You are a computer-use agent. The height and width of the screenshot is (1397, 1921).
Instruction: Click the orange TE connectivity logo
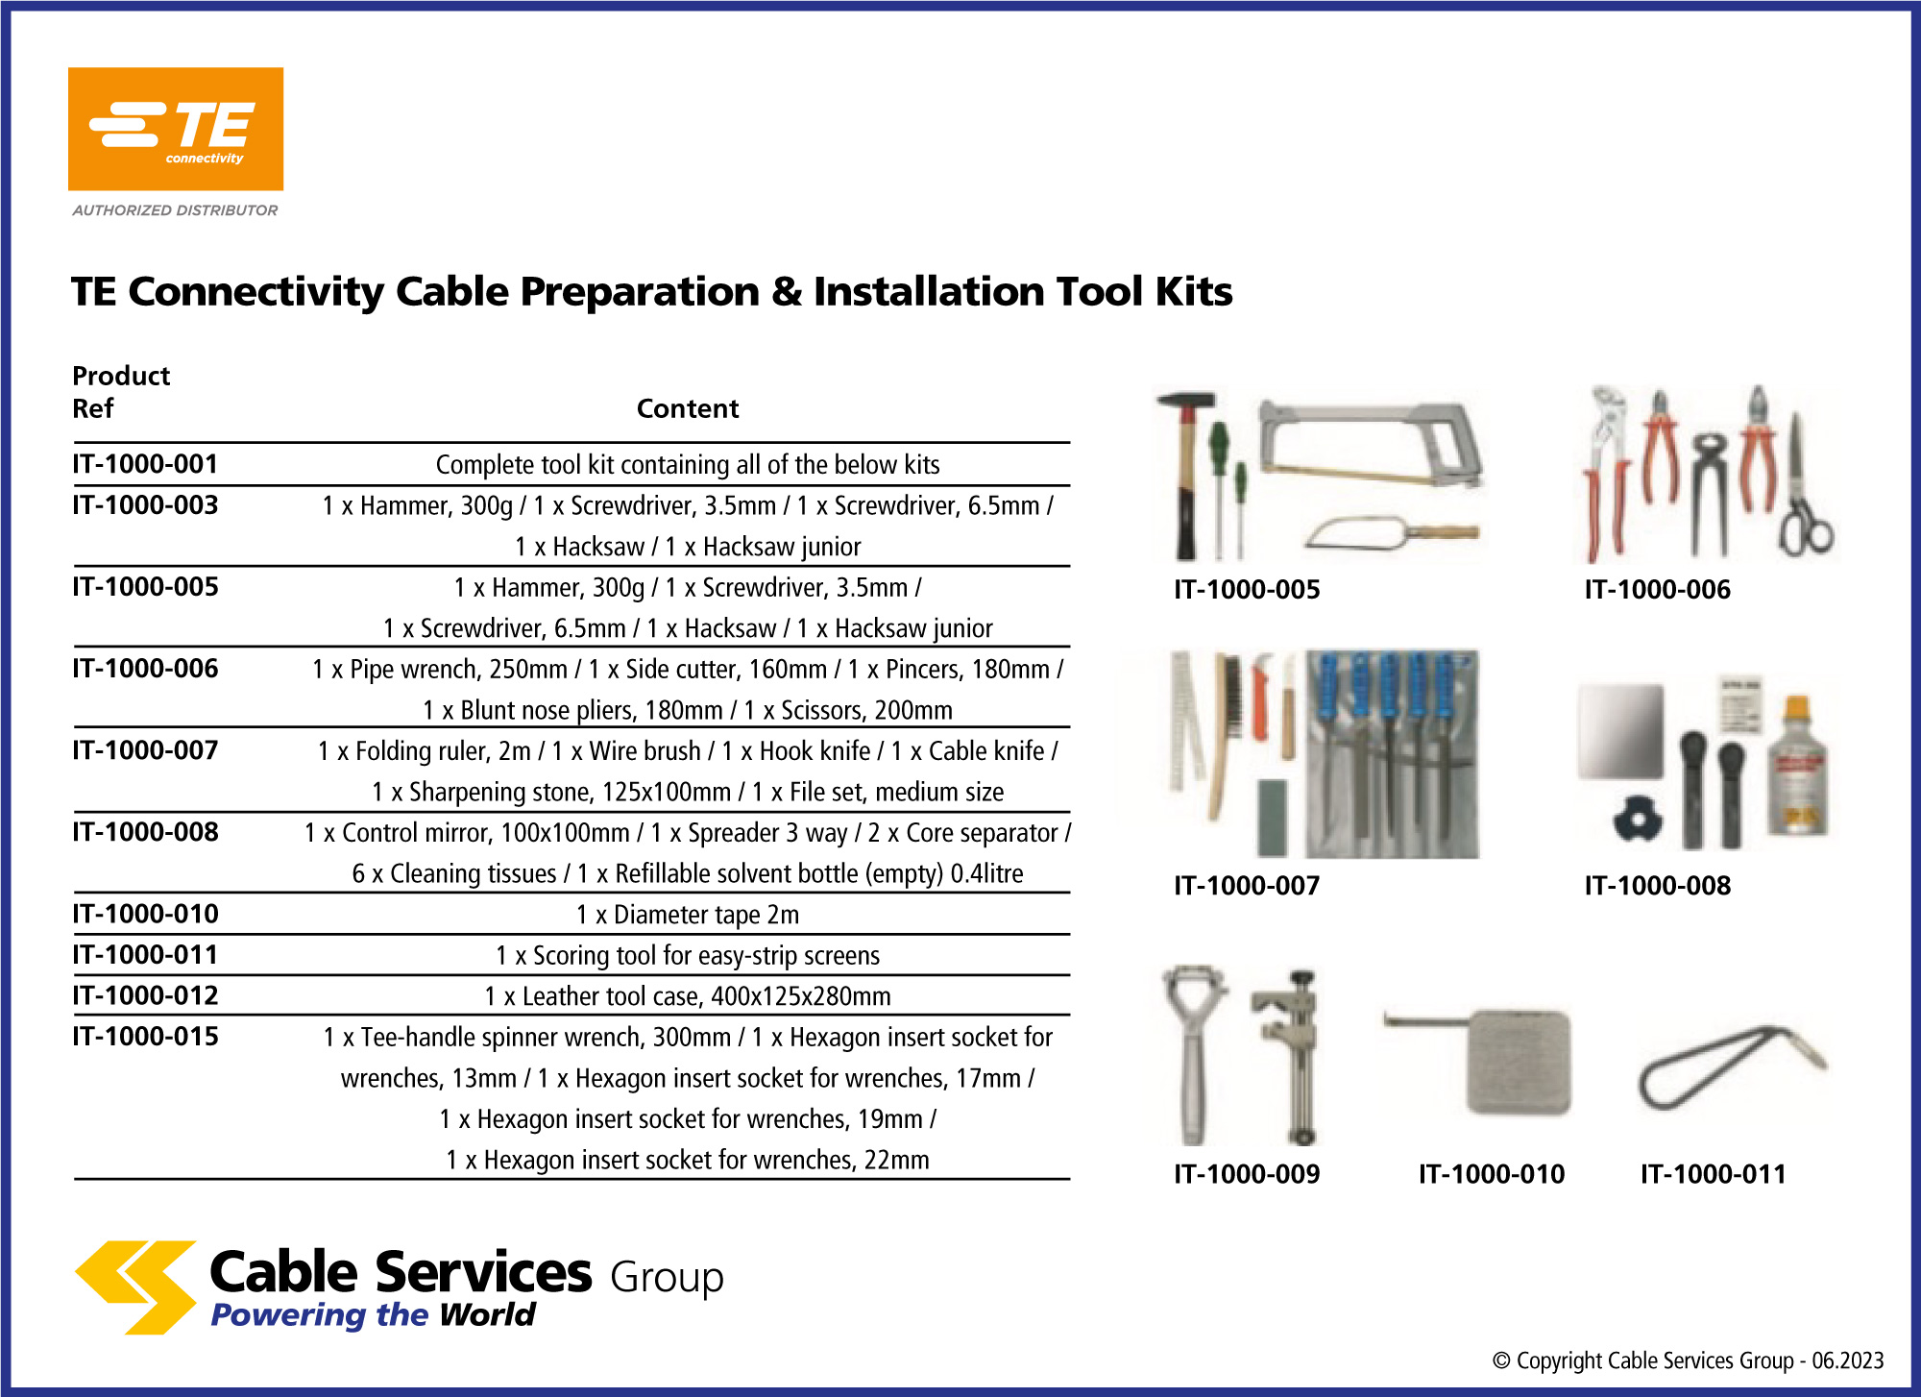pos(176,129)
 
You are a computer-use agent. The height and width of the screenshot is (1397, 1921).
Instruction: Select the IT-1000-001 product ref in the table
pos(145,464)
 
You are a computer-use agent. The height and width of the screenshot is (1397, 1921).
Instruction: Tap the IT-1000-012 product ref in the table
pos(145,995)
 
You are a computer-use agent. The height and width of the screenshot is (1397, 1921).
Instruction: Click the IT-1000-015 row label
pos(145,1037)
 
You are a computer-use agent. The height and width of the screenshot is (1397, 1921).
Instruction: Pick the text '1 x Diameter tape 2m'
pos(688,915)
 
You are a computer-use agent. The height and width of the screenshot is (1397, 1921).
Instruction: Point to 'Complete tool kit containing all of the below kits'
pos(688,465)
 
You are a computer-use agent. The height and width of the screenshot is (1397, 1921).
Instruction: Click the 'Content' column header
pos(688,408)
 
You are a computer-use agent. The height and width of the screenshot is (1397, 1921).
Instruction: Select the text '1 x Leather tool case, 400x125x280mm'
pos(688,996)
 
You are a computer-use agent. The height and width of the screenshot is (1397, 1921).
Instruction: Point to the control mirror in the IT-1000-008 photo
pos(1620,731)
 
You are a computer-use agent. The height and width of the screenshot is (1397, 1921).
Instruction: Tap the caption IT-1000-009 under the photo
pos(1247,1174)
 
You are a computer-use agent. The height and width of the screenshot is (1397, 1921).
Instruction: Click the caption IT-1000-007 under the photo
pos(1247,886)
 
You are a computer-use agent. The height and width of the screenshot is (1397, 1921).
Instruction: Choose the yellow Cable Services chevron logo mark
pos(136,1287)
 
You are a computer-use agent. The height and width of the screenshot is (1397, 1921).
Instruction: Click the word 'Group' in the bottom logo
pos(667,1278)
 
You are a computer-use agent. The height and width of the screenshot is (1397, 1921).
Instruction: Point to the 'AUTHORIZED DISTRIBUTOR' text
pos(175,210)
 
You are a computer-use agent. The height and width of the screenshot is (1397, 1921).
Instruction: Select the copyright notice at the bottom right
pos(1688,1360)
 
